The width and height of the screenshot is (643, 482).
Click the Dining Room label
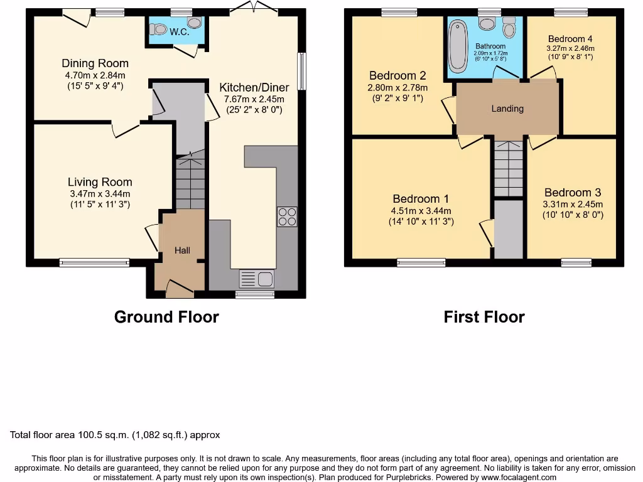95,63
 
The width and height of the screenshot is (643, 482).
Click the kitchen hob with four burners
287,217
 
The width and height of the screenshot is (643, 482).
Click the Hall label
182,250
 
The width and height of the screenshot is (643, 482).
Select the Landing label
507,109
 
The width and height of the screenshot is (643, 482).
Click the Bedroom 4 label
570,38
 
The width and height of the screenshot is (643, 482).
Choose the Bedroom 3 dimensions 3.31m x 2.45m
573,204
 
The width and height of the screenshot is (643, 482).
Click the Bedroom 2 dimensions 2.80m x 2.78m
397,88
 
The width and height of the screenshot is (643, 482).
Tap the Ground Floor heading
166,317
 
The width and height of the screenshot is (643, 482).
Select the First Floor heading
484,317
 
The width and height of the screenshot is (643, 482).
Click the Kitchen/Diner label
254,87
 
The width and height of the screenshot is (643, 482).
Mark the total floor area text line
115,435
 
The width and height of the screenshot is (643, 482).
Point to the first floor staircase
508,168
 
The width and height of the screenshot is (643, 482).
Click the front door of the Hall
180,288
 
